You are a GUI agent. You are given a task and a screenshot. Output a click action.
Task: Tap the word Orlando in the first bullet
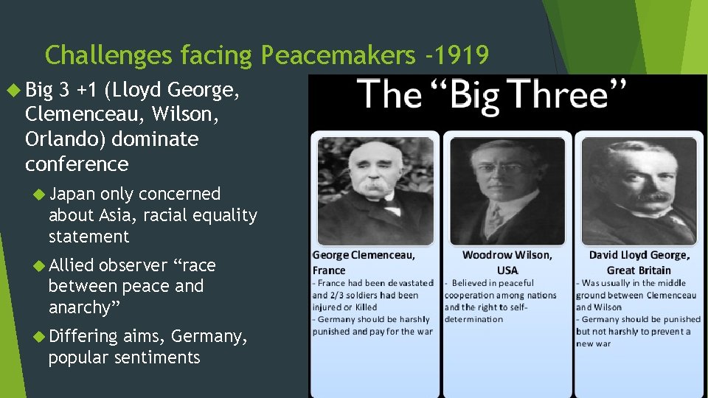pos(58,139)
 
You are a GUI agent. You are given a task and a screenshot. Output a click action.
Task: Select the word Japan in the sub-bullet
pos(72,194)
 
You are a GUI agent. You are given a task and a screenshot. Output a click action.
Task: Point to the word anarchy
pos(82,307)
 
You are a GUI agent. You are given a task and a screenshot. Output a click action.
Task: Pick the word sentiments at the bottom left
pos(163,358)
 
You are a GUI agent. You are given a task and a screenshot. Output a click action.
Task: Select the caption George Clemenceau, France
pos(364,262)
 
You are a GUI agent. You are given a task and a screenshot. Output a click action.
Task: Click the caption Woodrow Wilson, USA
pos(507,262)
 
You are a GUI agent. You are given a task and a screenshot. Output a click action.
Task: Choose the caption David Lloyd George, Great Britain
pos(639,262)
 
